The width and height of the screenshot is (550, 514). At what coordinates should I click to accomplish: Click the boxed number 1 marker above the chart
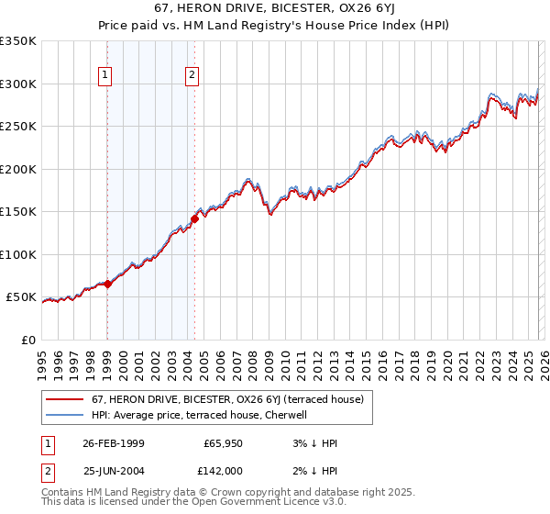[106, 76]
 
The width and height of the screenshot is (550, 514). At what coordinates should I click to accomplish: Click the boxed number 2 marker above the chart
[192, 76]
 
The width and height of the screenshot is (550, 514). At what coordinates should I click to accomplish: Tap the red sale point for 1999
[108, 284]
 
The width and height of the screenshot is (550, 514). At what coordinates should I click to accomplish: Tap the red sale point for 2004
[194, 218]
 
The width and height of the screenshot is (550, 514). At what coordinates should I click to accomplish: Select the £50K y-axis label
[21, 297]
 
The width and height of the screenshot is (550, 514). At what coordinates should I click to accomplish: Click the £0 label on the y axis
[29, 340]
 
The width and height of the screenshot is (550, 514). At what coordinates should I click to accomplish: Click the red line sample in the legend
[65, 399]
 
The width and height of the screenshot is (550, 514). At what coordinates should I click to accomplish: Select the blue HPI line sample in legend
[65, 415]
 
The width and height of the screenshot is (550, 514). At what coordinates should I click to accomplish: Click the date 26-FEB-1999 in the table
[113, 443]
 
